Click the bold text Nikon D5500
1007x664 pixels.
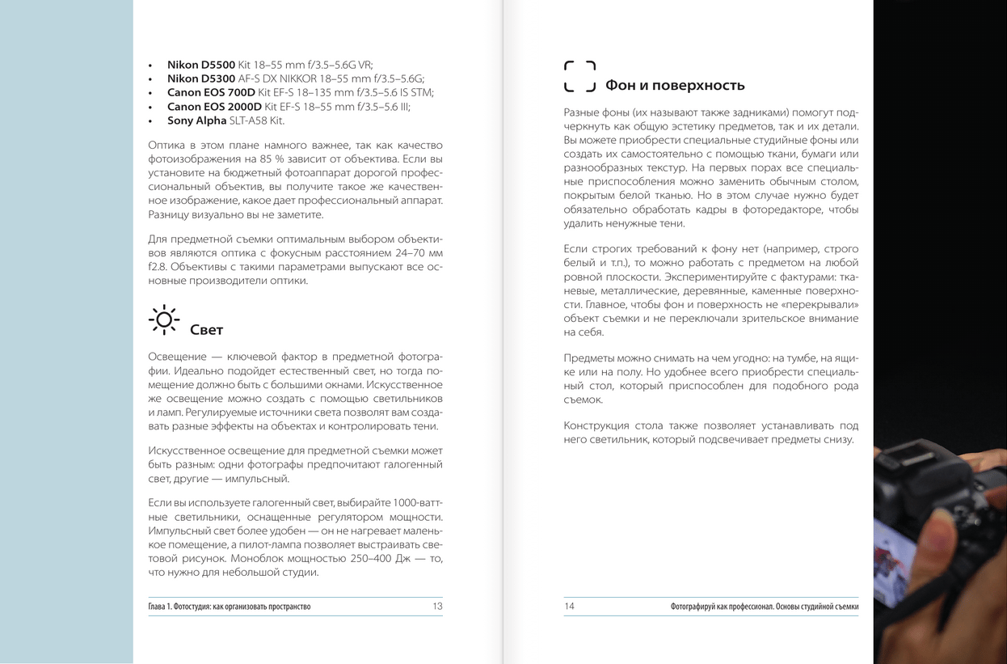[200, 65]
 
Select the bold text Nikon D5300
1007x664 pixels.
[200, 78]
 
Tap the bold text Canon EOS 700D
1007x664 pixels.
[211, 92]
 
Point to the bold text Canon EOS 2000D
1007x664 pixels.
[214, 107]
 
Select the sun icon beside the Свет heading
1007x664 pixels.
[164, 319]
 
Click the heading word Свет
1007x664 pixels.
[206, 330]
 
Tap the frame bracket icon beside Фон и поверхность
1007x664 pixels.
[579, 76]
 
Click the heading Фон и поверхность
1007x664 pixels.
[675, 86]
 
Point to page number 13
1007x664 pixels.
[437, 606]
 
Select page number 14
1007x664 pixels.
[569, 606]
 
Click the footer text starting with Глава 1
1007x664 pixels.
[229, 607]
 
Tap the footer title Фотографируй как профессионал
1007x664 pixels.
[764, 607]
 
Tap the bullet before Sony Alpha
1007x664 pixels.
[150, 121]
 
